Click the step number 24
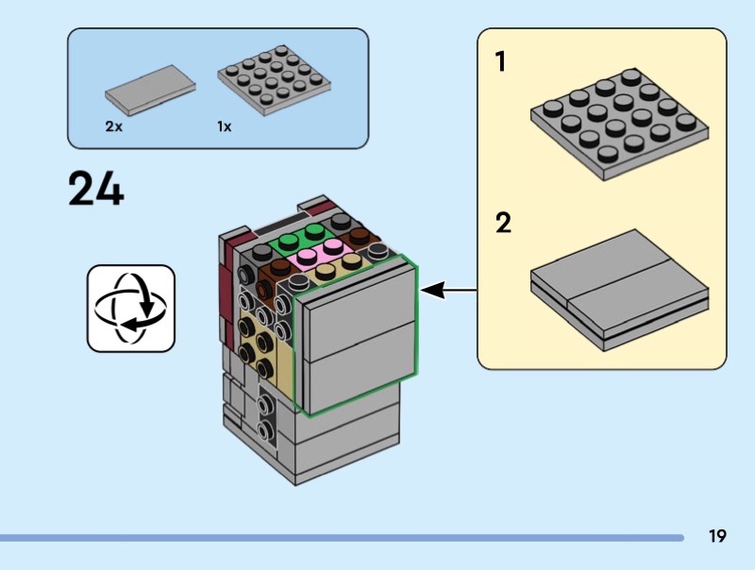(x=95, y=189)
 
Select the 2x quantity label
(x=114, y=126)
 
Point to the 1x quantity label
(x=225, y=126)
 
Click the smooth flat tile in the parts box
(x=151, y=91)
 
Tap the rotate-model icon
(x=131, y=308)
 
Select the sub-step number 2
(x=503, y=225)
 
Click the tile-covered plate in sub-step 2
(x=617, y=288)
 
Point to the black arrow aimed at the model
(x=448, y=291)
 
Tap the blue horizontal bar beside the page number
(x=340, y=538)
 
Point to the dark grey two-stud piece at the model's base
(x=267, y=419)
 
